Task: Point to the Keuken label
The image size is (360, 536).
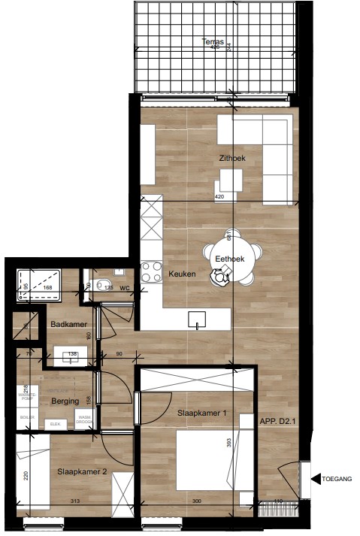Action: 182,274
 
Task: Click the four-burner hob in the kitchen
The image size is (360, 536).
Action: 152,271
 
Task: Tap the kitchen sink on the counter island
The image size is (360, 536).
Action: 197,319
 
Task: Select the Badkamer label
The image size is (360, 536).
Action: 66,325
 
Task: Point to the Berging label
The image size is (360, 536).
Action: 65,401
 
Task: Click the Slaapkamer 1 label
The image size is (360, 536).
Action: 202,414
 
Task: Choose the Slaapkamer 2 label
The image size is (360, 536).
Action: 82,471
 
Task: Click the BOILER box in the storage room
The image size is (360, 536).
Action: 27,416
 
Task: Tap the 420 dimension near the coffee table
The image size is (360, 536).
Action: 220,197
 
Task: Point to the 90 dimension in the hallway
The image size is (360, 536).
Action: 118,354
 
